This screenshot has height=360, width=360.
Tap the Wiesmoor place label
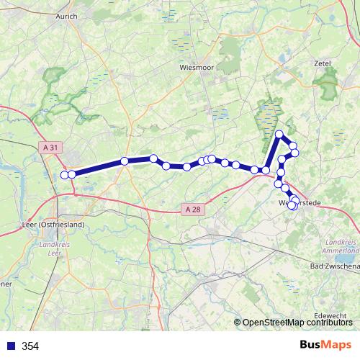(193, 66)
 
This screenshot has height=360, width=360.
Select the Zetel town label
(323, 63)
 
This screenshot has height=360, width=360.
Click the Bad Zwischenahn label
(334, 266)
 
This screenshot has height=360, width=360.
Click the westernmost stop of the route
(65, 174)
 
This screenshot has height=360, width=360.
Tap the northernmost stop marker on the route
(279, 134)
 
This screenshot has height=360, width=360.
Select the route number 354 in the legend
(30, 346)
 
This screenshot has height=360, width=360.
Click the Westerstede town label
(299, 203)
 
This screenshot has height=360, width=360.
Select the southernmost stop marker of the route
(292, 207)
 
